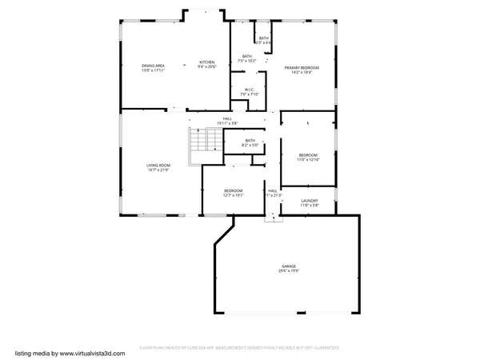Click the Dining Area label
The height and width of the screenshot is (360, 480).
coord(153,66)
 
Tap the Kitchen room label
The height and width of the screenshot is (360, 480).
coord(207,62)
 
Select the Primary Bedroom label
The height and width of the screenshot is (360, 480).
coord(302,68)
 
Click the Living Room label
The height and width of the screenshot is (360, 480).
coord(158,165)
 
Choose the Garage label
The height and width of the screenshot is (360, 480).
coord(288,266)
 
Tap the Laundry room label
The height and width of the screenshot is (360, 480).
coord(309,201)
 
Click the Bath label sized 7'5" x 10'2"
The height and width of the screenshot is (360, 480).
coord(247,56)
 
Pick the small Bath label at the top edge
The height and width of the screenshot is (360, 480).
coord(263,38)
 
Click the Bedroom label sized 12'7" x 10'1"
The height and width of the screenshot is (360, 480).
coord(233,190)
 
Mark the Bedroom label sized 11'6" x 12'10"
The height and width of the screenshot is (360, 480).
coord(308,155)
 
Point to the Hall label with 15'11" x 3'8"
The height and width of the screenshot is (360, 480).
coord(227,118)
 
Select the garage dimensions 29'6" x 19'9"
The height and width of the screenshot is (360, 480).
coord(288,270)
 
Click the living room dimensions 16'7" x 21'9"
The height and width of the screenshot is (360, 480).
coord(158,170)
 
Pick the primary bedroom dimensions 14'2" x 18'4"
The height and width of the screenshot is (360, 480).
coord(302,73)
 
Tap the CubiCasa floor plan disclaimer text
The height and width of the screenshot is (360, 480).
coord(240,348)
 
